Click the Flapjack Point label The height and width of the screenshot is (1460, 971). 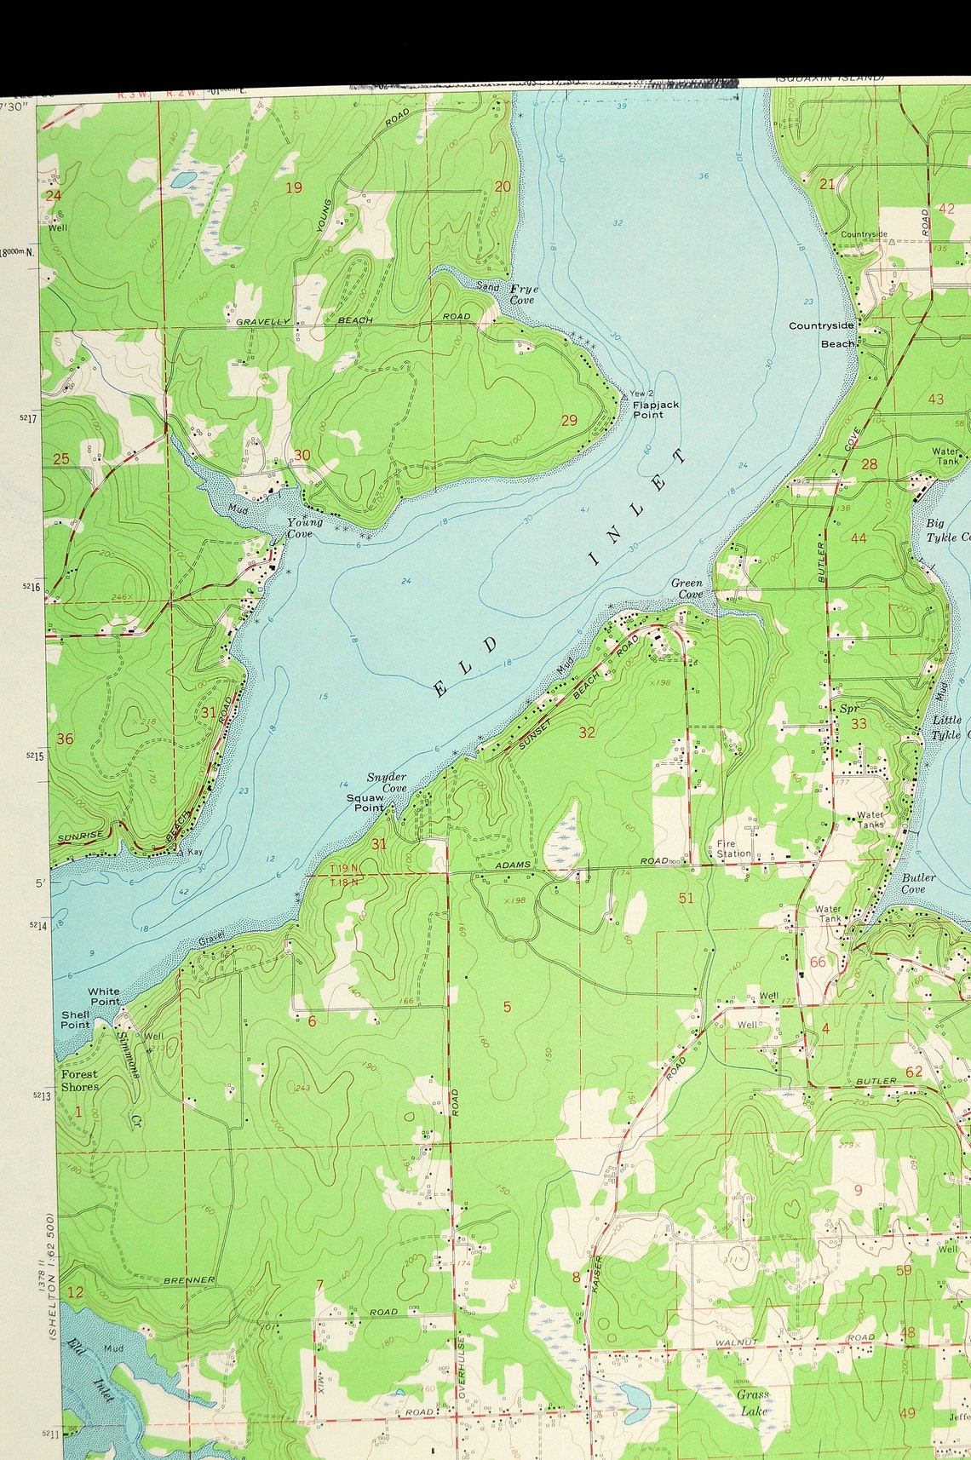coord(655,410)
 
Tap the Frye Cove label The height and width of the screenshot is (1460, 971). coord(523,295)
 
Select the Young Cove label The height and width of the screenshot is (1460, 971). coord(304,528)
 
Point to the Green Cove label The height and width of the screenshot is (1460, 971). coord(687,589)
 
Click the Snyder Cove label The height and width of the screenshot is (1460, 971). coord(387,782)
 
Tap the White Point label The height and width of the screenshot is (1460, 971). coord(104,996)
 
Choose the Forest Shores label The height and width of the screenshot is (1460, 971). coord(79,1080)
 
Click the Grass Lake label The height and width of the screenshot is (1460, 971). coord(753,1402)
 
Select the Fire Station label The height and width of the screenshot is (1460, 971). coord(733,848)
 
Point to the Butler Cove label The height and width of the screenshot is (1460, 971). coord(917,882)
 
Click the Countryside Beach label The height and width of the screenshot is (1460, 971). coord(823,334)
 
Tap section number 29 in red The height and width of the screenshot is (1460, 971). coord(569,420)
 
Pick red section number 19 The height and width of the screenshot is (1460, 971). coord(293,187)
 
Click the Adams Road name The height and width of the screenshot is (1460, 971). coord(514,865)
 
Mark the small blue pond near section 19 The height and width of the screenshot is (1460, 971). coord(182,180)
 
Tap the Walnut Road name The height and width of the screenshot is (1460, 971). coord(736,1342)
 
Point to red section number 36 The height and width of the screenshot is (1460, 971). coord(65,739)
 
